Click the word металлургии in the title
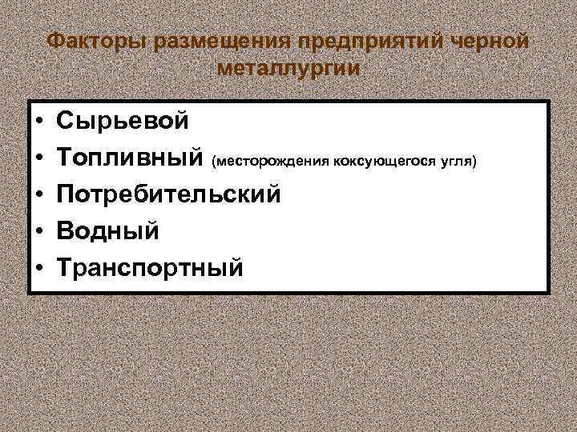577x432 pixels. pyautogui.click(x=288, y=70)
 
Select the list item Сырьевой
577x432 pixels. pyautogui.click(x=123, y=122)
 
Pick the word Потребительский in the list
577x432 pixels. pyautogui.click(x=169, y=194)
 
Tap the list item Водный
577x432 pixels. pyautogui.click(x=107, y=230)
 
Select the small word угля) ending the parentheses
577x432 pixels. pyautogui.click(x=458, y=162)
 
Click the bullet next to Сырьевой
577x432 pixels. pyautogui.click(x=38, y=122)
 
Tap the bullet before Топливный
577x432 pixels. pyautogui.click(x=38, y=158)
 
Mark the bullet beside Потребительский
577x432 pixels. pyautogui.click(x=38, y=194)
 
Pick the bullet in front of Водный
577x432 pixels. pyautogui.click(x=38, y=230)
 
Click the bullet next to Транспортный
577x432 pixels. pyautogui.click(x=38, y=266)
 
